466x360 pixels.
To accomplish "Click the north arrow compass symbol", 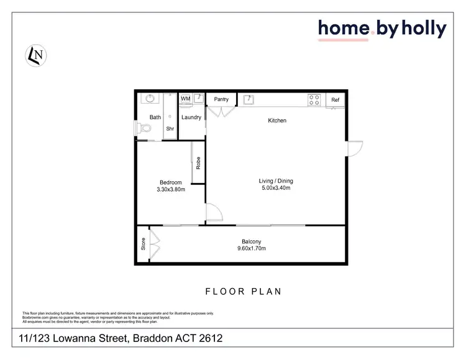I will coord(35,55).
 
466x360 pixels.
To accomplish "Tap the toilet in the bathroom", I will coord(145,128).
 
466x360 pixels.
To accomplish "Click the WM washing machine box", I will coord(185,99).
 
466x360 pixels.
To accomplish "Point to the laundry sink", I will coord(198,97).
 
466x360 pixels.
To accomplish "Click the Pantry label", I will coord(221,99).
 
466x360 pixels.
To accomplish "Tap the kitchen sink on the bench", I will coord(247,99).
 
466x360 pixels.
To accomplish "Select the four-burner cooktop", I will coord(314,99).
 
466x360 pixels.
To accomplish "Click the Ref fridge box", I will coord(336,100).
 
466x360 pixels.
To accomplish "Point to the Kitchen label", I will coord(277,120).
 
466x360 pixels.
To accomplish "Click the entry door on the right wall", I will coord(354,150).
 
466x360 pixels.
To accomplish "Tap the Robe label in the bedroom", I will coord(198,163).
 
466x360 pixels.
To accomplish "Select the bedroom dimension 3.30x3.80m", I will coord(170,191).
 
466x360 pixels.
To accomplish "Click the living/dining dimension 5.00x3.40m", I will coord(276,189).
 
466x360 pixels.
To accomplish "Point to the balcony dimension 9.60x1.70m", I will coord(252,248).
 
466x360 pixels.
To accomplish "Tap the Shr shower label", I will coord(169,128).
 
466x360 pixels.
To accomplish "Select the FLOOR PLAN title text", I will coord(244,291).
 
